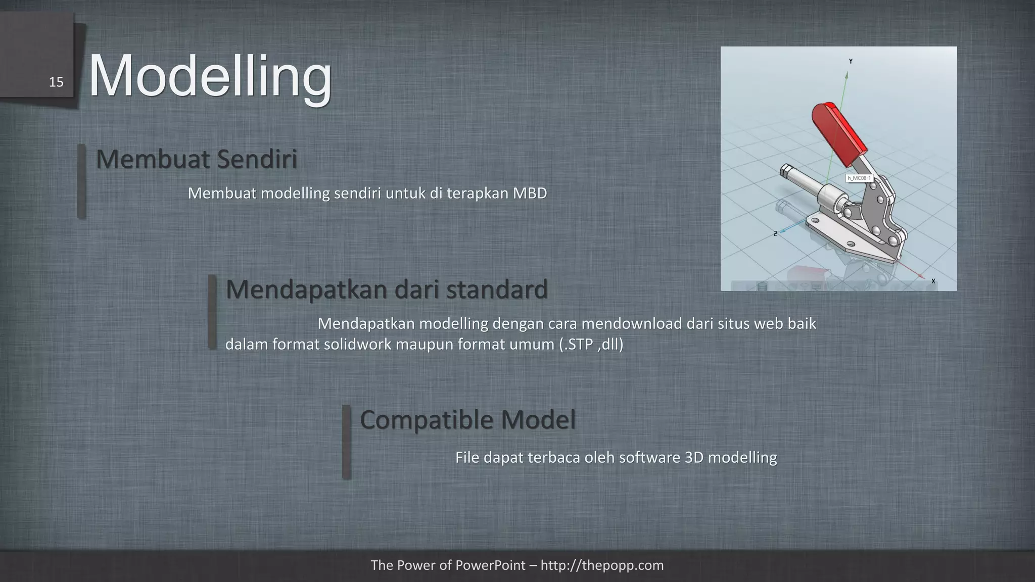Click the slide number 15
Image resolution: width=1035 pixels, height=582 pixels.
[x=56, y=82]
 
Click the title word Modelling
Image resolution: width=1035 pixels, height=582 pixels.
[x=210, y=76]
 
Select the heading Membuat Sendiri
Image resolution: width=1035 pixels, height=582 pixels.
[x=197, y=159]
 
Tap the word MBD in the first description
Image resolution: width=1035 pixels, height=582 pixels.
[x=530, y=193]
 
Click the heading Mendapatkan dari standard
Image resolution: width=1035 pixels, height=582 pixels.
[x=387, y=289]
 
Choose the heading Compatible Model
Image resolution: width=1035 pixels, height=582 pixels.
[x=467, y=420]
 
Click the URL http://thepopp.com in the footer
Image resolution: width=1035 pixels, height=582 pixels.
[x=602, y=565]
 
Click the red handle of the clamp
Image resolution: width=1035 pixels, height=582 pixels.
[x=839, y=134]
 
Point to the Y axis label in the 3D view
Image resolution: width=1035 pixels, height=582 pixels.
[x=851, y=62]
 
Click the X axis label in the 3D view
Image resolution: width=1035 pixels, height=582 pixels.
[x=933, y=281]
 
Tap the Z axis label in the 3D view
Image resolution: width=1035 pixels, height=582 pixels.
[x=775, y=234]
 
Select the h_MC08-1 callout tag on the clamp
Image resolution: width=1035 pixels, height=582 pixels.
[x=859, y=178]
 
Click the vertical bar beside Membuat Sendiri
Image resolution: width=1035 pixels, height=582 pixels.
[x=81, y=181]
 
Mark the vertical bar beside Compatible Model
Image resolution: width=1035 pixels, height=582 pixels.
[x=346, y=442]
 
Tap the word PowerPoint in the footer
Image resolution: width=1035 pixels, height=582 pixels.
[x=491, y=565]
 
